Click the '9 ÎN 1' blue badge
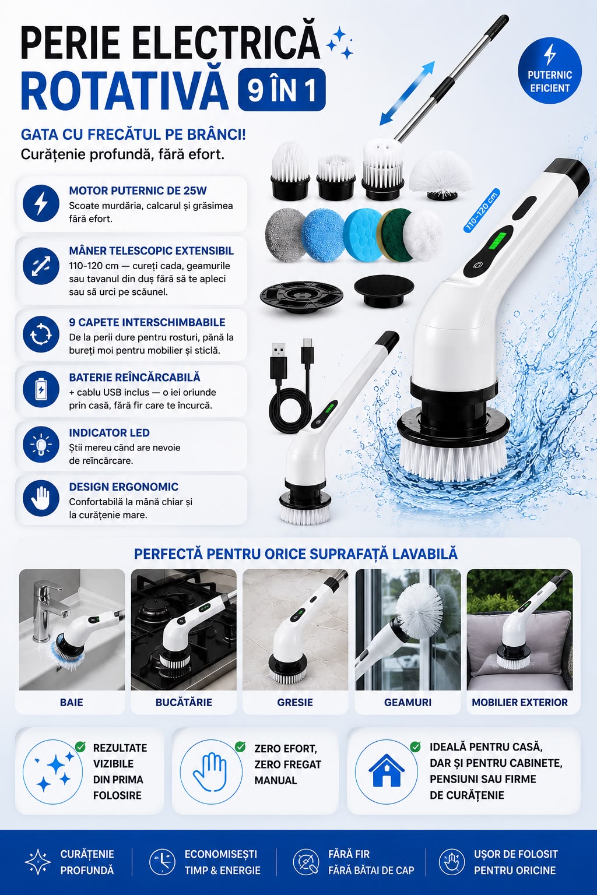(282, 90)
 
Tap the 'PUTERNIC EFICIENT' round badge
(549, 71)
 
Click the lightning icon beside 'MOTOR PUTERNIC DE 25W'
(41, 203)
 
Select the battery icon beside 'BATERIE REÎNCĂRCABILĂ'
(41, 389)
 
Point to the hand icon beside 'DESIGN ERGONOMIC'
(41, 498)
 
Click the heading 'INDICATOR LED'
(109, 433)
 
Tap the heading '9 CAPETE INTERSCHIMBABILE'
(147, 322)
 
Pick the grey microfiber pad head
(285, 235)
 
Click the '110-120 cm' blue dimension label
(482, 211)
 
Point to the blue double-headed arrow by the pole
(407, 93)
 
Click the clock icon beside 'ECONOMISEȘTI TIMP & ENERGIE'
(162, 862)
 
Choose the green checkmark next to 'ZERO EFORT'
(240, 746)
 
